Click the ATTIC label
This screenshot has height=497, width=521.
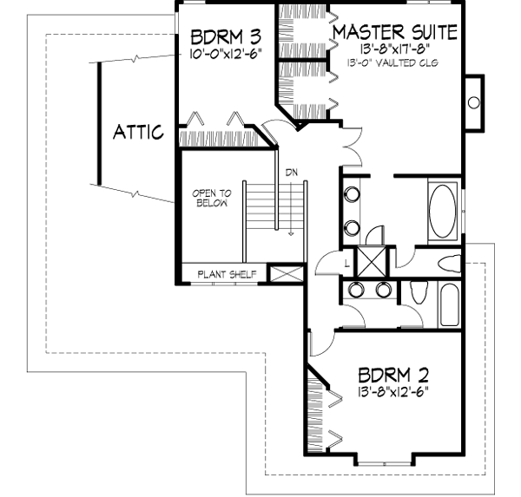139,133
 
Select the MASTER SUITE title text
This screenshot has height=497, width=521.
395,33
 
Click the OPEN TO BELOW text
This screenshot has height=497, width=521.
211,199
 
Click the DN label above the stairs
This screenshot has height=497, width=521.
292,173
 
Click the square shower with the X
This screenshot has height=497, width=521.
375,261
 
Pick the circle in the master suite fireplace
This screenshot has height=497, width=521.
473,102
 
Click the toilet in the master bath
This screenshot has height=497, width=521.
452,264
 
